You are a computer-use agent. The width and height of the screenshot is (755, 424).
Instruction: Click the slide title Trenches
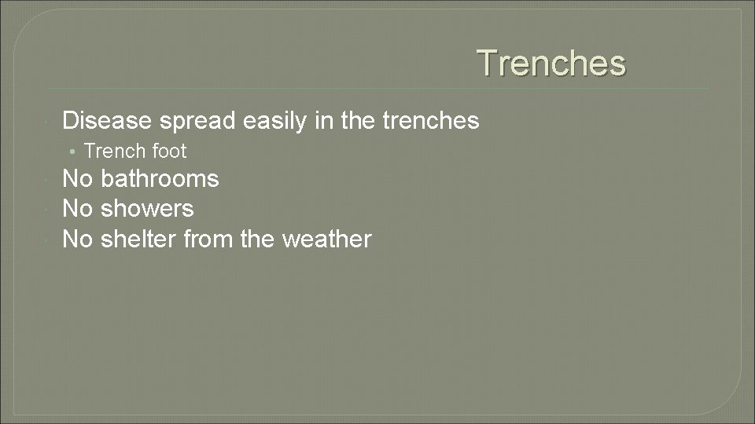pyautogui.click(x=551, y=63)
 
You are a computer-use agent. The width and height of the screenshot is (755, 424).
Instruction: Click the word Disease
pyautogui.click(x=107, y=120)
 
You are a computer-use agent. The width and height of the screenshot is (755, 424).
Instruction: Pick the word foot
pyautogui.click(x=169, y=150)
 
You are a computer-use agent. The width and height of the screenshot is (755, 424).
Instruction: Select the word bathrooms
pyautogui.click(x=160, y=179)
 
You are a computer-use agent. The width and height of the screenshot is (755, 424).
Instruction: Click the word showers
pyautogui.click(x=147, y=209)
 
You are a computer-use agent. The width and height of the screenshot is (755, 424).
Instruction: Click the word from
pyautogui.click(x=208, y=239)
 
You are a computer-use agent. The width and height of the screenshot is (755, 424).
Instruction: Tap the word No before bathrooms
pyautogui.click(x=77, y=179)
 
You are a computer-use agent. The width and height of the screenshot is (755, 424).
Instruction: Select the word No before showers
pyautogui.click(x=77, y=209)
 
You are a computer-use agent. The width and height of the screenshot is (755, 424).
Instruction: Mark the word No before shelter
pyautogui.click(x=77, y=239)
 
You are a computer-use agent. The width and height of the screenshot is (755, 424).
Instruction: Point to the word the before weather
pyautogui.click(x=257, y=239)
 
